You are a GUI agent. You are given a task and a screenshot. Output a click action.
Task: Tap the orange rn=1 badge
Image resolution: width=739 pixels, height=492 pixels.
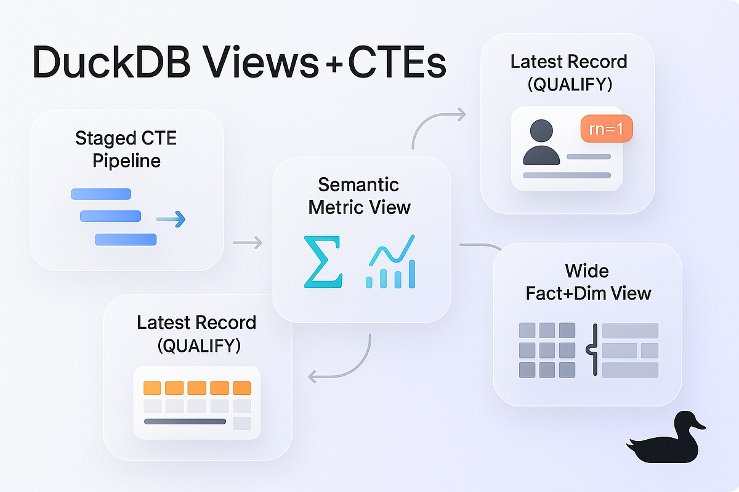[x=607, y=130]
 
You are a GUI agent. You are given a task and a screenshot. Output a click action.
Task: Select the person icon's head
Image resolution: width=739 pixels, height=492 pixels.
[x=541, y=132]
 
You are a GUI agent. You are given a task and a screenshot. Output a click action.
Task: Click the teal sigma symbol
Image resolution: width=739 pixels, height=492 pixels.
[x=322, y=261]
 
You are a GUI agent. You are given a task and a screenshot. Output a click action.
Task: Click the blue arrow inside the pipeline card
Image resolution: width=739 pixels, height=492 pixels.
[x=171, y=218]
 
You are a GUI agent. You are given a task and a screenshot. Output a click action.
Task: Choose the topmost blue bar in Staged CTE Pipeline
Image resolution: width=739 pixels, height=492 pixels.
[x=101, y=194]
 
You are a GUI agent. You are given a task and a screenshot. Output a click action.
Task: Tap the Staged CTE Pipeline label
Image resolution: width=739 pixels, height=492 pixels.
[x=126, y=149]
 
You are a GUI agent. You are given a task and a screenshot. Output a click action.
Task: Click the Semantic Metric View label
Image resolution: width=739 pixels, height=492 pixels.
[x=359, y=196]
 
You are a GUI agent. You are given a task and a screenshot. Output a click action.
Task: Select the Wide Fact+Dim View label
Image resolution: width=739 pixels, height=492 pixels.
[x=588, y=282]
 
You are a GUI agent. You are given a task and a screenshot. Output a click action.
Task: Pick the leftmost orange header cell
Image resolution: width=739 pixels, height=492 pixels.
[x=152, y=388]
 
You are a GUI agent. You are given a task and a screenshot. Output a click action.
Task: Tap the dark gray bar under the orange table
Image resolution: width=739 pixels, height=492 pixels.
[x=185, y=421]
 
